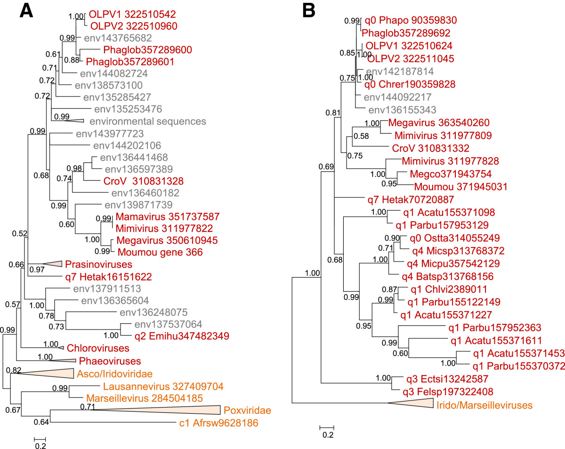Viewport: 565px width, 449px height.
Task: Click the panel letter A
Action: point(27,11)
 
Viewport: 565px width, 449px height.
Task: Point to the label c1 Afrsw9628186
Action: point(225,423)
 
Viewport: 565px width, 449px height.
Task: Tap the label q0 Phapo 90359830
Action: point(410,21)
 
